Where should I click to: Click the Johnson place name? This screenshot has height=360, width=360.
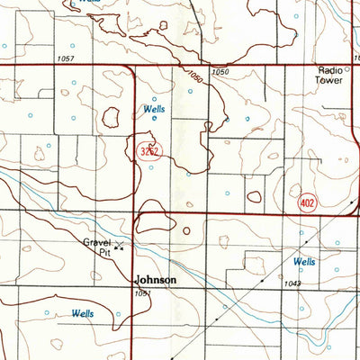coord(156,280)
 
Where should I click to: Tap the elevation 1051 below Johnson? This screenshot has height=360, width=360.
coord(141,293)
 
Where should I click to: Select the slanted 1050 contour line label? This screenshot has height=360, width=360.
coord(195,80)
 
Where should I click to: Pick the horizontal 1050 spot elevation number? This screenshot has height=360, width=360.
coord(220,71)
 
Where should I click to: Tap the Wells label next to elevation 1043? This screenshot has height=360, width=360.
coord(304,262)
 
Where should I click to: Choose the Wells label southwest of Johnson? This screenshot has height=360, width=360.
coord(83,313)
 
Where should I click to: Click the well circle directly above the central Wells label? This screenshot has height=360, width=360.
coord(154,98)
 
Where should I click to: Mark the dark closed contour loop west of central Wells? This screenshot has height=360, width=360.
coord(112,117)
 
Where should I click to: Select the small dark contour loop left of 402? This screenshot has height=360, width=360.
coord(256,195)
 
